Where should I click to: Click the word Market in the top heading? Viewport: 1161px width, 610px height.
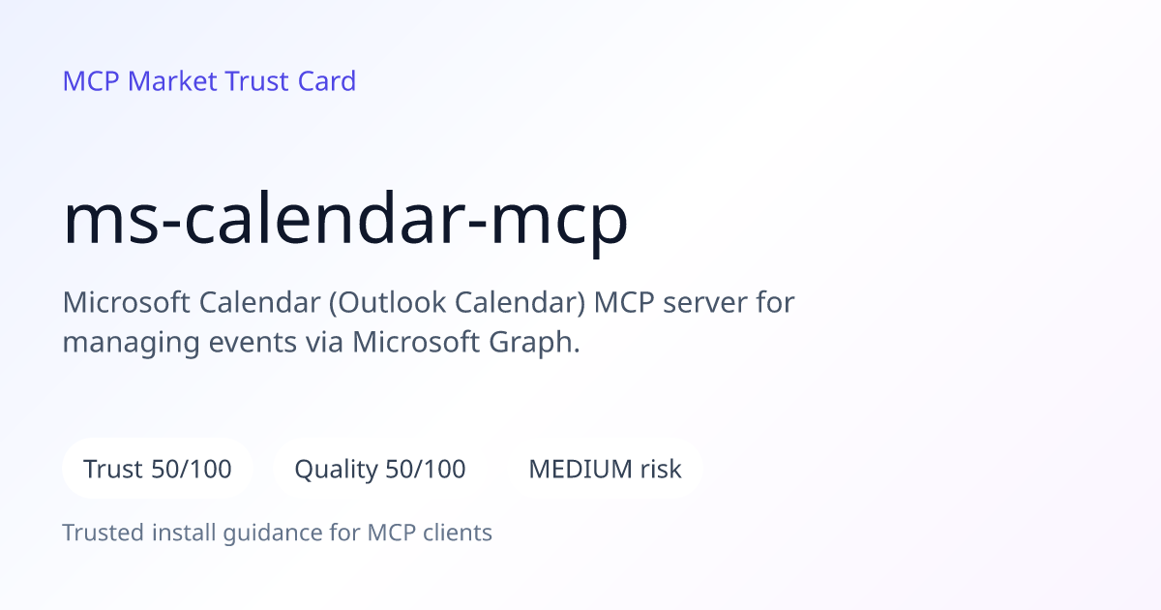(172, 81)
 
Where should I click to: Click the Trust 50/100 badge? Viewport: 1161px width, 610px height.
(158, 469)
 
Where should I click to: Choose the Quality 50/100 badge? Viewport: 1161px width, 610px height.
(380, 469)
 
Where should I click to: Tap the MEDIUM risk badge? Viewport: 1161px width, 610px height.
(605, 469)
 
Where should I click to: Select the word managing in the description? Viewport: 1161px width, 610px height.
(132, 344)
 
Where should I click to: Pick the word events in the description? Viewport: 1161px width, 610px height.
(253, 343)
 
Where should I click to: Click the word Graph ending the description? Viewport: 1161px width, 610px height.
(534, 343)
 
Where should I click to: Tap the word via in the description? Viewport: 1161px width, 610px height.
(324, 342)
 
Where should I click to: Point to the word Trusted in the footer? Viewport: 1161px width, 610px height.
(104, 533)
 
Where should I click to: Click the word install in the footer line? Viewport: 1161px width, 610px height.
(184, 533)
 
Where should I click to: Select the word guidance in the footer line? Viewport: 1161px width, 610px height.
(273, 534)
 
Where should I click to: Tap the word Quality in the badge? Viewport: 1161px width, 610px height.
(337, 470)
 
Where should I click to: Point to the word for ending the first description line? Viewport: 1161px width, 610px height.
(775, 302)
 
